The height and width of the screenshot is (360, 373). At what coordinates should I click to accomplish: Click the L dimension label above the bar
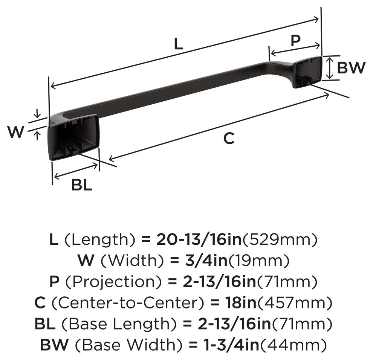(x=179, y=44)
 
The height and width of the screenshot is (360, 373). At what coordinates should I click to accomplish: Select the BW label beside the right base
(x=351, y=67)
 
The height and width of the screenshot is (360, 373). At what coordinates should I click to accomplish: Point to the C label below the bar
(x=229, y=138)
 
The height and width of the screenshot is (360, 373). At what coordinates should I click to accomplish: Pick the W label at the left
(x=16, y=132)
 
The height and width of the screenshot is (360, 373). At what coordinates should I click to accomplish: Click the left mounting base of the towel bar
(x=73, y=137)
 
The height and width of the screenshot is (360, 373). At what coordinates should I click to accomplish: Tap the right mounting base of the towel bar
(x=307, y=72)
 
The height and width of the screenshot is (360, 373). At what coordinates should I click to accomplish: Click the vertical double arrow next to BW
(x=329, y=68)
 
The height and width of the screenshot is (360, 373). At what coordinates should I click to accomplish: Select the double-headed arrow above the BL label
(x=76, y=171)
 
